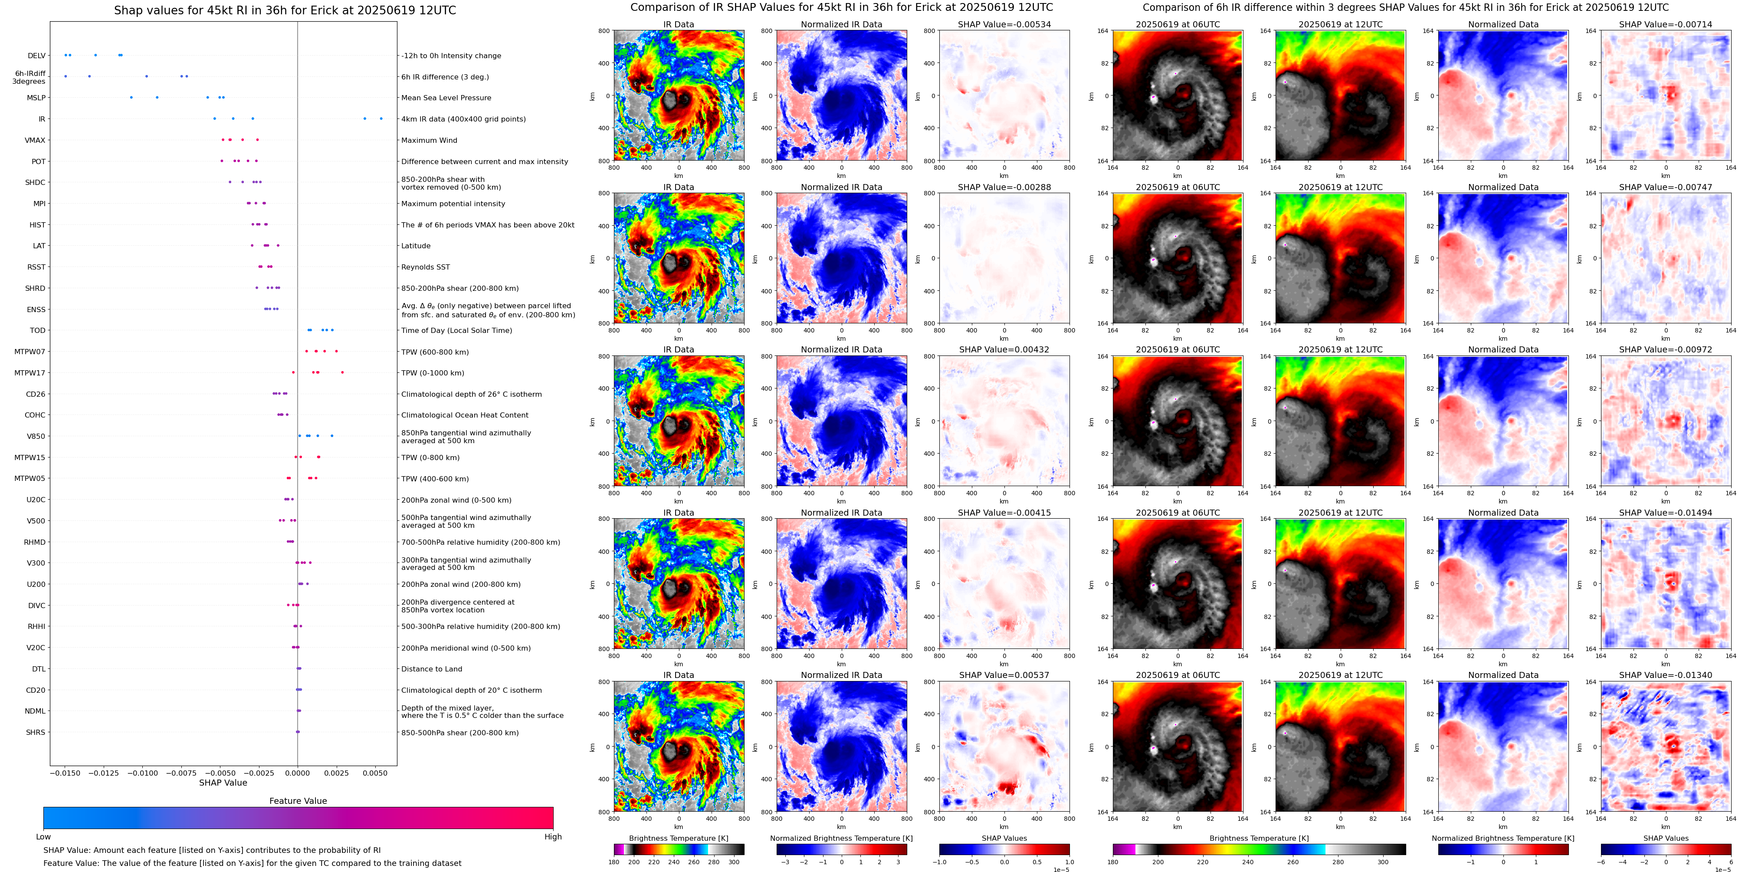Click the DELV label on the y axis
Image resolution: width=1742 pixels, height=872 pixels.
(36, 56)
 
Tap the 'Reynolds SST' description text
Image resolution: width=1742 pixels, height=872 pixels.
(425, 267)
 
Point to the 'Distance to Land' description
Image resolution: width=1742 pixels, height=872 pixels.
(431, 669)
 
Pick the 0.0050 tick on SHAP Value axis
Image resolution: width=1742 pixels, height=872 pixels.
(374, 773)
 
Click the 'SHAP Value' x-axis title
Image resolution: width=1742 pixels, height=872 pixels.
(223, 783)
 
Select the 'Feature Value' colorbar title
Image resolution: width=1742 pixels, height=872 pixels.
(298, 801)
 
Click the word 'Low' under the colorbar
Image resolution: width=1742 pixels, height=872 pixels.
(43, 837)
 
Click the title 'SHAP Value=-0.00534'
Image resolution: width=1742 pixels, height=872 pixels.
(1004, 24)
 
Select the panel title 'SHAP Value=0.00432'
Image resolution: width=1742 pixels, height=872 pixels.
(1004, 350)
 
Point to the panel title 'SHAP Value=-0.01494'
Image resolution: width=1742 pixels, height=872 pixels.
(1666, 513)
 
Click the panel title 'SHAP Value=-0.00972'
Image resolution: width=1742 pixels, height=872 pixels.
(1666, 350)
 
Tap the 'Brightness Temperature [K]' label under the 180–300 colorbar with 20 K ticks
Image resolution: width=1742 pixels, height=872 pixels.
(678, 838)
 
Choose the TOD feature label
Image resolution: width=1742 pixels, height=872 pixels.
(37, 331)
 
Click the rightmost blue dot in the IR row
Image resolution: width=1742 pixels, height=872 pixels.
(381, 118)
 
